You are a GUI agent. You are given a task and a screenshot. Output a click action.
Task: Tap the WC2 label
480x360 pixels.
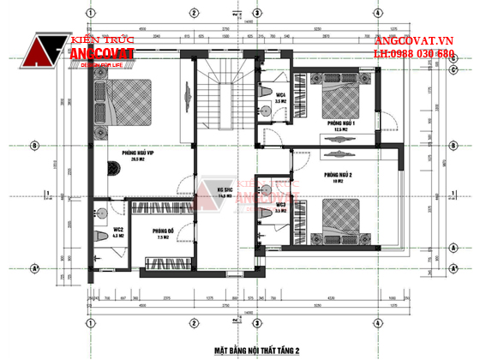point(117,229)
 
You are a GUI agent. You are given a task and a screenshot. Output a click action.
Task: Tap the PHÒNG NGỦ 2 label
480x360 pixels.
point(337,175)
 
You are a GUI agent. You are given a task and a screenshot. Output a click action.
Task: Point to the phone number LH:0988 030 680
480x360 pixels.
point(414,54)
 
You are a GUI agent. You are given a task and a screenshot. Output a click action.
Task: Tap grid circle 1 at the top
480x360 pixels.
point(88,12)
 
